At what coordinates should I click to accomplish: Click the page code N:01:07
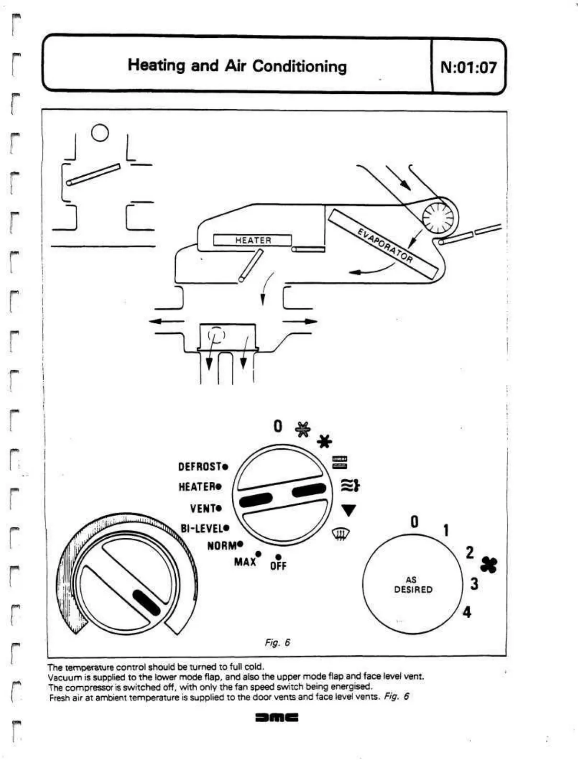[468, 67]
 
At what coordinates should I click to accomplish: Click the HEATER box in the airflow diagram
[252, 240]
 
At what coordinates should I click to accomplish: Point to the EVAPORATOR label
[385, 246]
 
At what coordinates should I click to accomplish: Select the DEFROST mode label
[203, 466]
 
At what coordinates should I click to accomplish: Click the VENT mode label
[206, 508]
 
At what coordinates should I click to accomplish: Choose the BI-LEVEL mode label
[204, 529]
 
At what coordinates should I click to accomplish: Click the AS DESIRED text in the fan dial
[413, 585]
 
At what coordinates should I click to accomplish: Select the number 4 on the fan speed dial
[467, 612]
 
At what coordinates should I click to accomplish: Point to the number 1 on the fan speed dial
[446, 531]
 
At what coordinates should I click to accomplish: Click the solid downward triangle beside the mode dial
[349, 510]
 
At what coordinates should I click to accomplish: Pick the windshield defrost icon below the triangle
[340, 533]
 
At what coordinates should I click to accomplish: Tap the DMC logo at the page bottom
[277, 718]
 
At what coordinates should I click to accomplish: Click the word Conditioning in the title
[299, 66]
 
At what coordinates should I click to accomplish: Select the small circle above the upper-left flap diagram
[100, 133]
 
